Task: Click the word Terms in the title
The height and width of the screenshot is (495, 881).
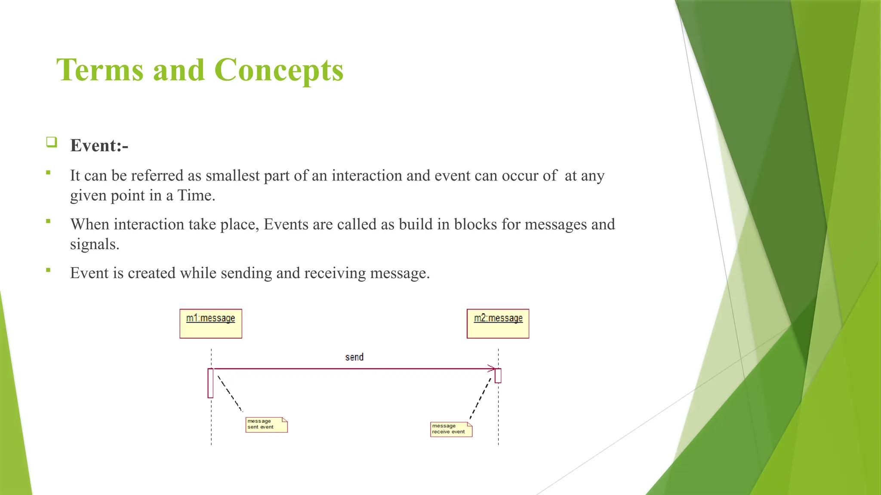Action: [x=100, y=70]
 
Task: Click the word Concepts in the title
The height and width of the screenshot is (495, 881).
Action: [x=279, y=70]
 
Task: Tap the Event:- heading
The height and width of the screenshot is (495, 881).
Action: [x=99, y=146]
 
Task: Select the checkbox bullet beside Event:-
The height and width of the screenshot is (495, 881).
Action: [x=52, y=142]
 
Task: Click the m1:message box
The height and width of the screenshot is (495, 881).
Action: [x=211, y=324]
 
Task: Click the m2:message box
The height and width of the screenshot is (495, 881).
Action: [x=498, y=324]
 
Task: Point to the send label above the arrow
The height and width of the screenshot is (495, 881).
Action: [x=354, y=357]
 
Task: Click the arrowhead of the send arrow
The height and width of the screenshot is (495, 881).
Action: [x=491, y=369]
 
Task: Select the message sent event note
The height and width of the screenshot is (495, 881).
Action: [x=266, y=425]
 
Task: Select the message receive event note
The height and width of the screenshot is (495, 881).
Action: [x=451, y=429]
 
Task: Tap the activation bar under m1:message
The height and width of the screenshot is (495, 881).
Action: [x=210, y=383]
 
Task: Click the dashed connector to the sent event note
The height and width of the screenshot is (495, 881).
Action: [x=230, y=394]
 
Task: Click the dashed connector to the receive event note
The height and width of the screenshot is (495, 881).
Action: [x=481, y=398]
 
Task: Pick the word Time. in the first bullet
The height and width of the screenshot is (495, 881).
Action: [x=196, y=196]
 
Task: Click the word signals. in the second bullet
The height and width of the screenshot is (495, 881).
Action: [x=95, y=244]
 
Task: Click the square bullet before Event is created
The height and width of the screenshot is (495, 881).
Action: [x=48, y=270]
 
